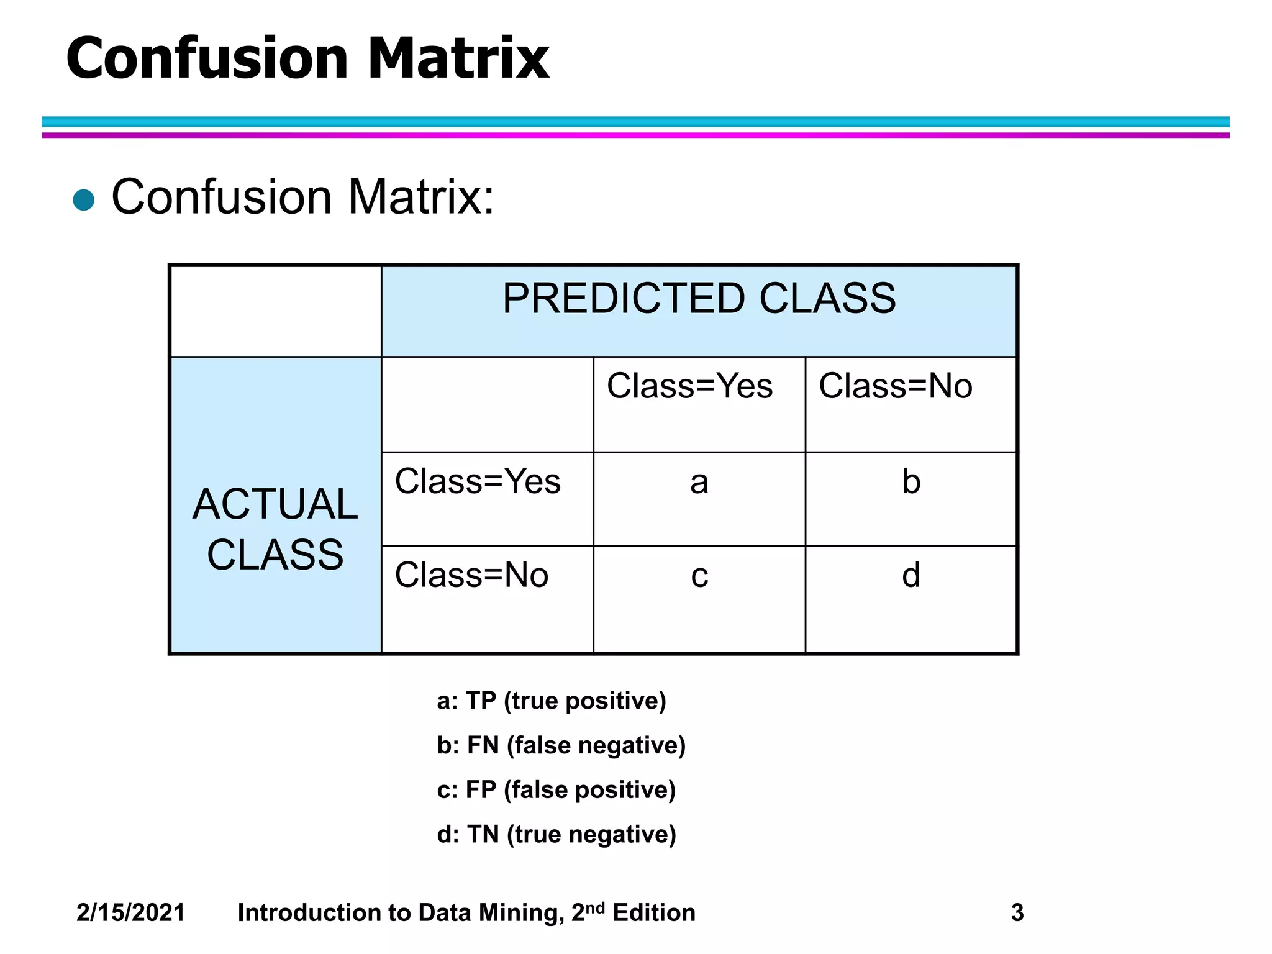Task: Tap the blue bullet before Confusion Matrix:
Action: click(84, 200)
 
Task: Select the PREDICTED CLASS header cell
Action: click(699, 299)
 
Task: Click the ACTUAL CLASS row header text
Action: click(275, 529)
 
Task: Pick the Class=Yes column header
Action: click(689, 386)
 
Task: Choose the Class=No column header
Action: click(895, 386)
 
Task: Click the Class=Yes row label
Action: click(478, 481)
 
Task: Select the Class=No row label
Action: click(471, 575)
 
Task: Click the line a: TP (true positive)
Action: click(551, 701)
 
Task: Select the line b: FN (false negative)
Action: click(561, 745)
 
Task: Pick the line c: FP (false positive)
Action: click(556, 790)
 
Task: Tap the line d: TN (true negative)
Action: click(556, 834)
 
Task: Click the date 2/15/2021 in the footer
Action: click(130, 912)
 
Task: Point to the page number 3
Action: click(1017, 912)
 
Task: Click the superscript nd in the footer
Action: click(595, 907)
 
